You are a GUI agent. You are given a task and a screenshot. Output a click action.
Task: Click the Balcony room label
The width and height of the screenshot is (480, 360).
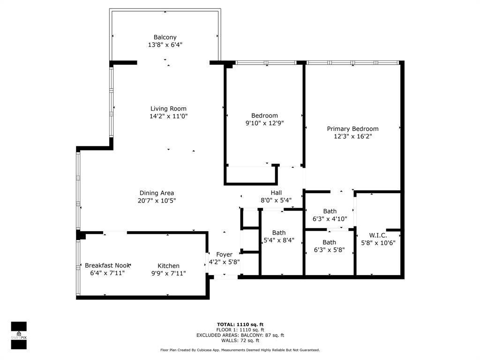coord(165,37)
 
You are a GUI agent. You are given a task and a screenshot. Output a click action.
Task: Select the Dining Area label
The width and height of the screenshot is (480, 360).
coord(157,193)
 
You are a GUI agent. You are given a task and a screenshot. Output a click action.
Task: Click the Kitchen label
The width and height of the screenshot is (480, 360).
coord(168,266)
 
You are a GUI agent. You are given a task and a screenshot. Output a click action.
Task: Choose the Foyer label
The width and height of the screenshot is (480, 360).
coord(224,255)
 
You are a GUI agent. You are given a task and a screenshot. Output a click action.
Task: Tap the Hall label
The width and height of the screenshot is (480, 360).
coord(276,193)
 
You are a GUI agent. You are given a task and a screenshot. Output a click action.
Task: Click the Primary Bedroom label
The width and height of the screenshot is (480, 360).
coord(352,128)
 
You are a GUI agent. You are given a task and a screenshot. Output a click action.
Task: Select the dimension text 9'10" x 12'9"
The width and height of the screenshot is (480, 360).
coord(264,123)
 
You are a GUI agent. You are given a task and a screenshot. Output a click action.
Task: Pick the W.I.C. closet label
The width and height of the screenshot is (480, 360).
coord(378,235)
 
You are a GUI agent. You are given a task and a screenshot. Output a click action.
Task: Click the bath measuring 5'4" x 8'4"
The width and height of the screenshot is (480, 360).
coord(279,236)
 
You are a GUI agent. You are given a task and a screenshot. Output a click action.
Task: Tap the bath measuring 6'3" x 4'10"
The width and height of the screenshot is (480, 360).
coord(330,215)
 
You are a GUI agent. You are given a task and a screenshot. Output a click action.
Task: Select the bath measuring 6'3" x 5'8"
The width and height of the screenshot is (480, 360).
coord(329,246)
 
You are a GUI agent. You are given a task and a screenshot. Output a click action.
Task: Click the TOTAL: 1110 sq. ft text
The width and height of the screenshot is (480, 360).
coord(240,324)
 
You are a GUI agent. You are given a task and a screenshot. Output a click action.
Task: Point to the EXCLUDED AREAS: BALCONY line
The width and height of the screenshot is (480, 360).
coord(240,335)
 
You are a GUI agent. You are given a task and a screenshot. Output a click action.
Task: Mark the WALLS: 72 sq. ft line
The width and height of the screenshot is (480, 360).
coord(240,341)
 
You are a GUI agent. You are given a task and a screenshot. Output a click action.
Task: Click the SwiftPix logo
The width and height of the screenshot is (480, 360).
coord(19,336)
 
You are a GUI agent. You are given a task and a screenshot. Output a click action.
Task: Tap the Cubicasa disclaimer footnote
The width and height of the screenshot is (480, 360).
coord(240,350)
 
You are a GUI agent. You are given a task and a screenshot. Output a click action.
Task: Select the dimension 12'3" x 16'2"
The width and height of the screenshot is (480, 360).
coord(352,136)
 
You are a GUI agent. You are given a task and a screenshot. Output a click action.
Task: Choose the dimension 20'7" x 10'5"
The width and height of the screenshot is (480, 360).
coord(157,201)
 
